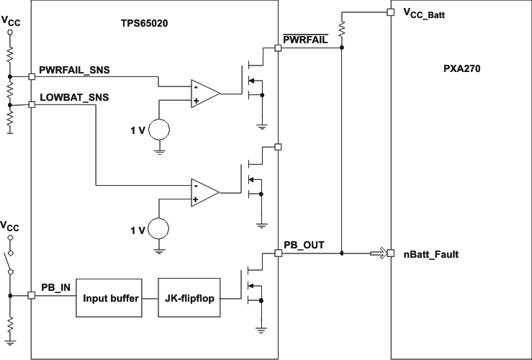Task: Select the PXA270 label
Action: (x=461, y=69)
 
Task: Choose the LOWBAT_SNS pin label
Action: (x=74, y=97)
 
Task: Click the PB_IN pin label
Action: (x=55, y=287)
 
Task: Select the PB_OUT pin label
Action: (x=304, y=245)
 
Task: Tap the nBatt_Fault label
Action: (x=431, y=254)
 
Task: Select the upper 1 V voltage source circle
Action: (x=159, y=130)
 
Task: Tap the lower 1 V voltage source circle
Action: (x=159, y=230)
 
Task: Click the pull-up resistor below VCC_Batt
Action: (x=342, y=30)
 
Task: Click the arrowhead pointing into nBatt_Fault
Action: (x=379, y=253)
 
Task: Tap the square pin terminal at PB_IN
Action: (x=31, y=295)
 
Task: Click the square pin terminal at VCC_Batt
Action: (x=390, y=12)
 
